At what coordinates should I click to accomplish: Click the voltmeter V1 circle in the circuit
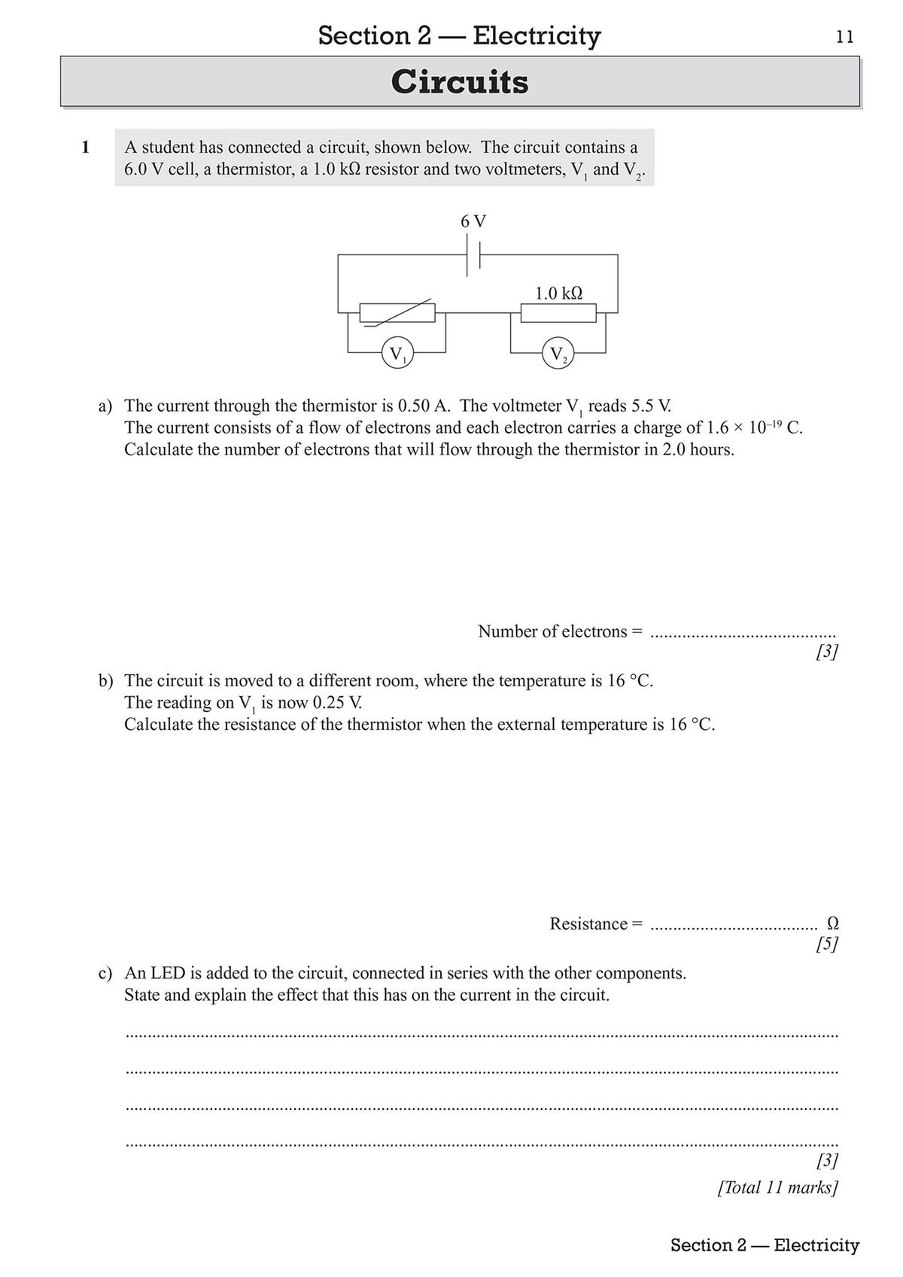[396, 353]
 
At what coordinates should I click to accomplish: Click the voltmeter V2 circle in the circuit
[558, 354]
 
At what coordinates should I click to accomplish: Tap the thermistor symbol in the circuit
[397, 312]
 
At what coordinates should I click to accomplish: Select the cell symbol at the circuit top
[473, 256]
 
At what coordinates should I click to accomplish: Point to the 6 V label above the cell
[473, 221]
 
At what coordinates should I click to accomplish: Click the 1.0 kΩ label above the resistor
[558, 293]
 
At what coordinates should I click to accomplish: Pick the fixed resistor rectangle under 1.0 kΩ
[558, 312]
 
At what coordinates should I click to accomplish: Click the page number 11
[845, 37]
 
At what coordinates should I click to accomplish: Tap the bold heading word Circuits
[460, 82]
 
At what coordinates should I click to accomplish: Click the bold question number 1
[85, 147]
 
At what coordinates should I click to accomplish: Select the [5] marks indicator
[827, 944]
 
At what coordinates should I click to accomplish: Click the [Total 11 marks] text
[778, 1187]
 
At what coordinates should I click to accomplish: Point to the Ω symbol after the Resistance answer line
[832, 923]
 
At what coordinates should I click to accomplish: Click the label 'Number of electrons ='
[561, 631]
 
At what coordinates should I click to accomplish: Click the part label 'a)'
[105, 406]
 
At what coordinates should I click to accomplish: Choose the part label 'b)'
[105, 681]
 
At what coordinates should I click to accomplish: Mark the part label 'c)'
[105, 974]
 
